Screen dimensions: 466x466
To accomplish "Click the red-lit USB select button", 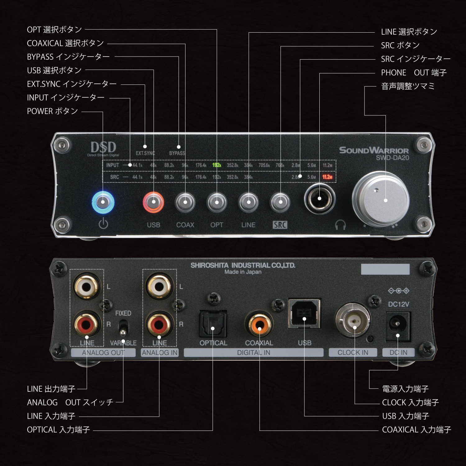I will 153,202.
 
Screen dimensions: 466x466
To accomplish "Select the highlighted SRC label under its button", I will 280,225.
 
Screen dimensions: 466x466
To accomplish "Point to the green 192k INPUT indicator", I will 217,165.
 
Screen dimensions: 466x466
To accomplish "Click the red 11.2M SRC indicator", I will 327,177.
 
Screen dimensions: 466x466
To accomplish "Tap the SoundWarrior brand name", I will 374,150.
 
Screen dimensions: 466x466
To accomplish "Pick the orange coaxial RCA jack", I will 259,325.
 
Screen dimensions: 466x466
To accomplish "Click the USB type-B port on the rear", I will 304,314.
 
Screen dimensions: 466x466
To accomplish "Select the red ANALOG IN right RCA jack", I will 159,325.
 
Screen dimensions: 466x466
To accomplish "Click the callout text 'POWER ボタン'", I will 53,111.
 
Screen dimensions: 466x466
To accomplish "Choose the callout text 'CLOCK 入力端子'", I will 410,403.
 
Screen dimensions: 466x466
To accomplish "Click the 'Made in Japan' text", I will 243,272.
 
